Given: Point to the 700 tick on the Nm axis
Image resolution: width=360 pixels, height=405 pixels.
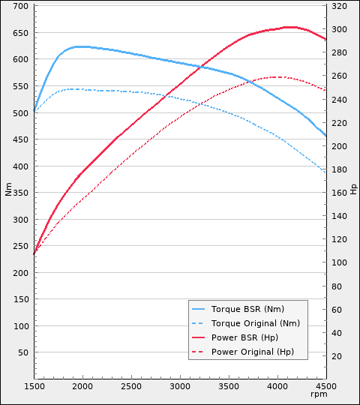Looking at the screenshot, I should click(20, 7).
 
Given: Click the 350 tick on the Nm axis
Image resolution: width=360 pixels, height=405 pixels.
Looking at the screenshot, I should click(20, 193).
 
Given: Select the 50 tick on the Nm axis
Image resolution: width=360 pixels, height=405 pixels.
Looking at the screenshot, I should click(22, 352).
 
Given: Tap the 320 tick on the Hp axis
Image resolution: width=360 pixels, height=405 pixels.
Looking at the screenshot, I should click(338, 7).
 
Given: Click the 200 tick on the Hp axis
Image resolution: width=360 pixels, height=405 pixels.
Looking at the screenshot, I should click(338, 147).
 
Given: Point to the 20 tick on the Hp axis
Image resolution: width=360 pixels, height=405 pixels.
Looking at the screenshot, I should click(336, 357).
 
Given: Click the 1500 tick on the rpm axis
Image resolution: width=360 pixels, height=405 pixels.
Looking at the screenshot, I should click(34, 387).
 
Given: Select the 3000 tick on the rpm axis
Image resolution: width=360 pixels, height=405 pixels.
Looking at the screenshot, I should click(180, 387).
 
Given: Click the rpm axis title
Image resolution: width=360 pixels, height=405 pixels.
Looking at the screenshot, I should click(319, 394).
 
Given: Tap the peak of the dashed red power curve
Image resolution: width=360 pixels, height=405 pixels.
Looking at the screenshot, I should click(277, 76).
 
